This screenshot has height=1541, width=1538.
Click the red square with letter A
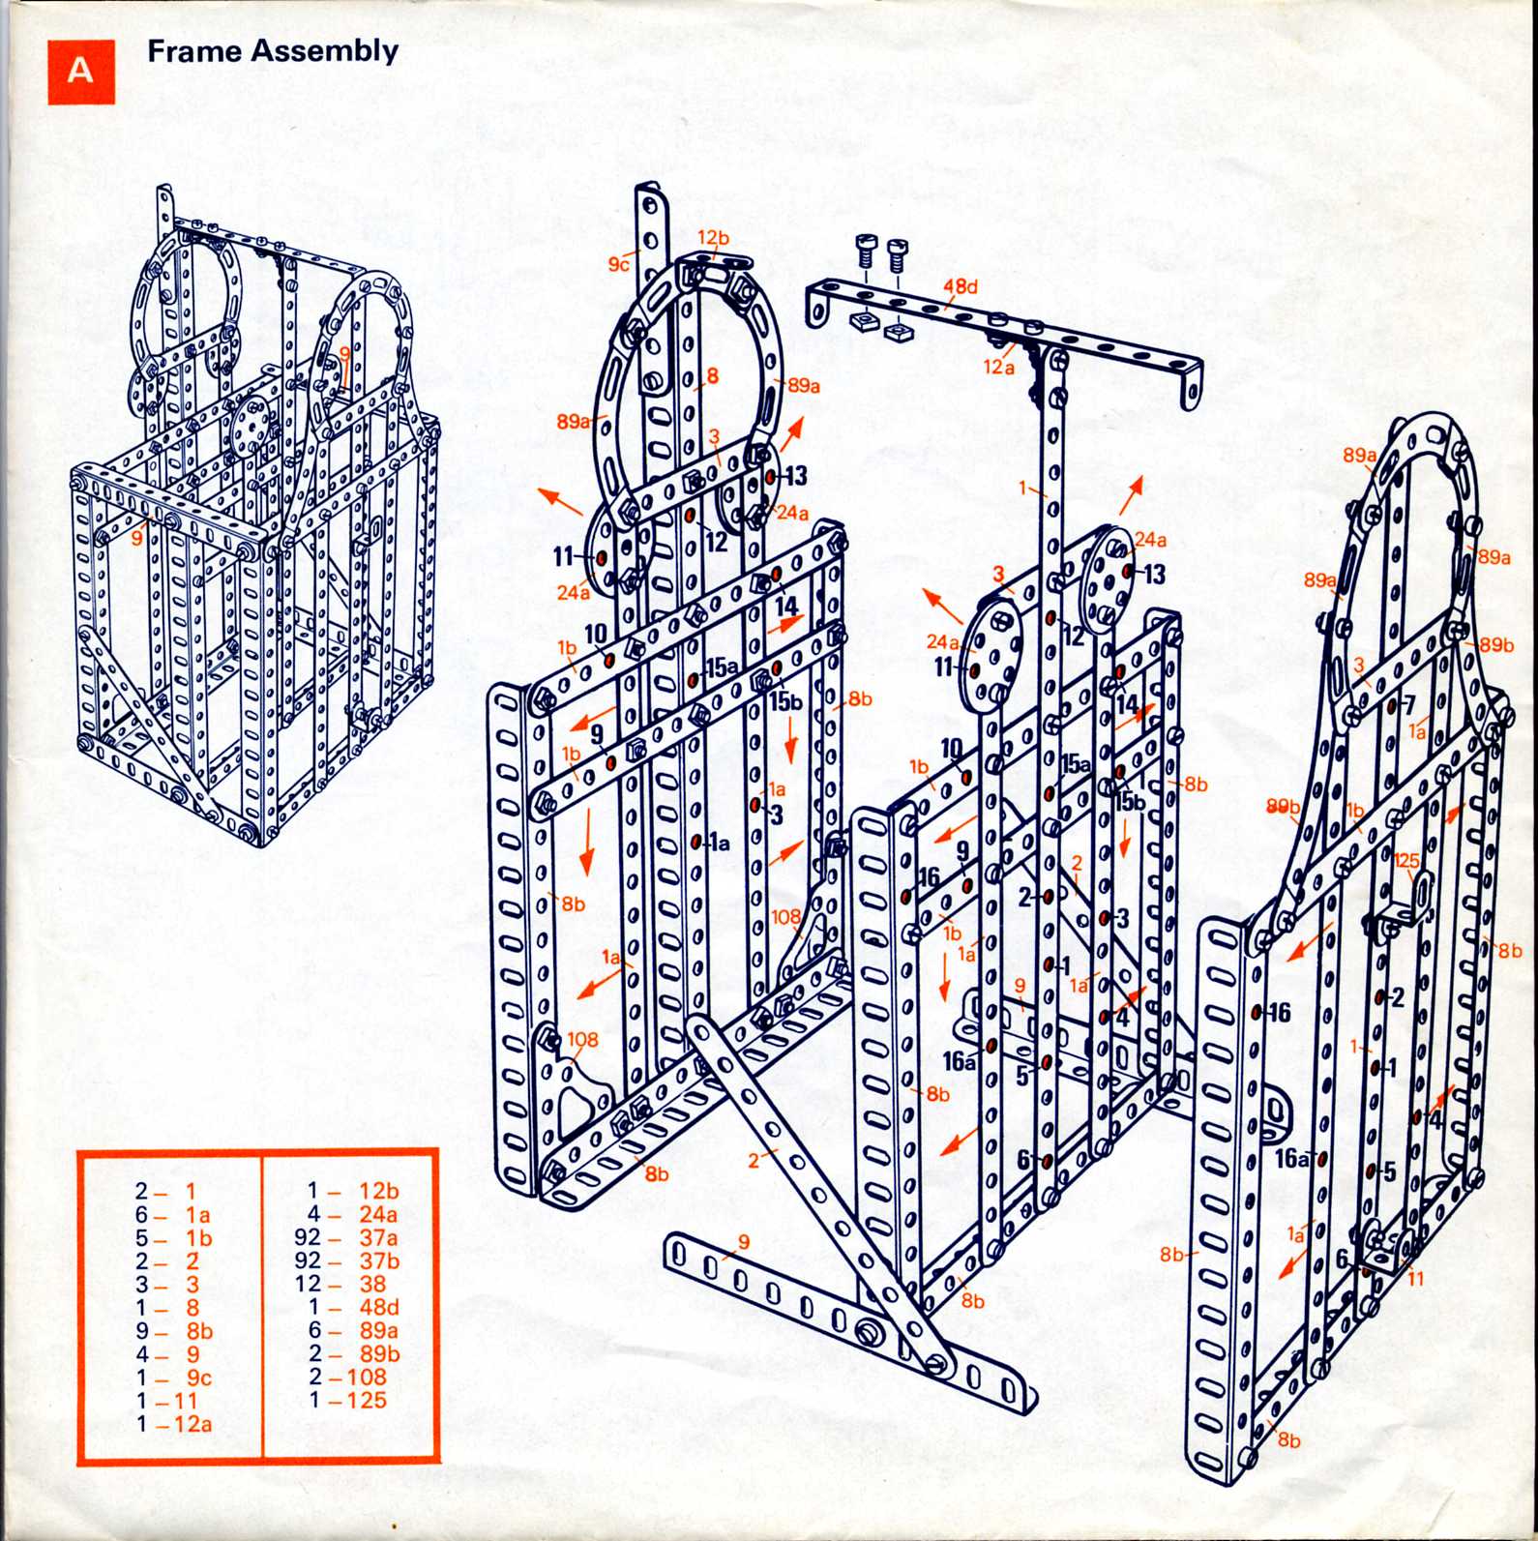pos(81,72)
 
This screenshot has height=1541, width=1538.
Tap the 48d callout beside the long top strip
pos(960,286)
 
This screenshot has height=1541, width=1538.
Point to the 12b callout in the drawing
pos(713,237)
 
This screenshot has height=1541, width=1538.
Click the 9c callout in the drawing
pos(619,264)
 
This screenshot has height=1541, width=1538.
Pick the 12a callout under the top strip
pos(999,367)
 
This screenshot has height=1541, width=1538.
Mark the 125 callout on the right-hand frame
pos(1407,861)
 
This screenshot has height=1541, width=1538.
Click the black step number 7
pos(1409,704)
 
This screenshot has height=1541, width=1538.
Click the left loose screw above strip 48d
pos(865,250)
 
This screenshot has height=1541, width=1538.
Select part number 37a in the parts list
pos(378,1237)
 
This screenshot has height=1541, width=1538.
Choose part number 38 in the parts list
pos(372,1284)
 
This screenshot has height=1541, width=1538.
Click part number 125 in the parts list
pos(367,1400)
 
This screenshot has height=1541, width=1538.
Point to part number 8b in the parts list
pos(199,1331)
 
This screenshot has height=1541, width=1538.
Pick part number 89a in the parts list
pos(379,1330)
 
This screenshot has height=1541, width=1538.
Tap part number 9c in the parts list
pos(198,1378)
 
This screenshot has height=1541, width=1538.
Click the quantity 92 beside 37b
pos(308,1260)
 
